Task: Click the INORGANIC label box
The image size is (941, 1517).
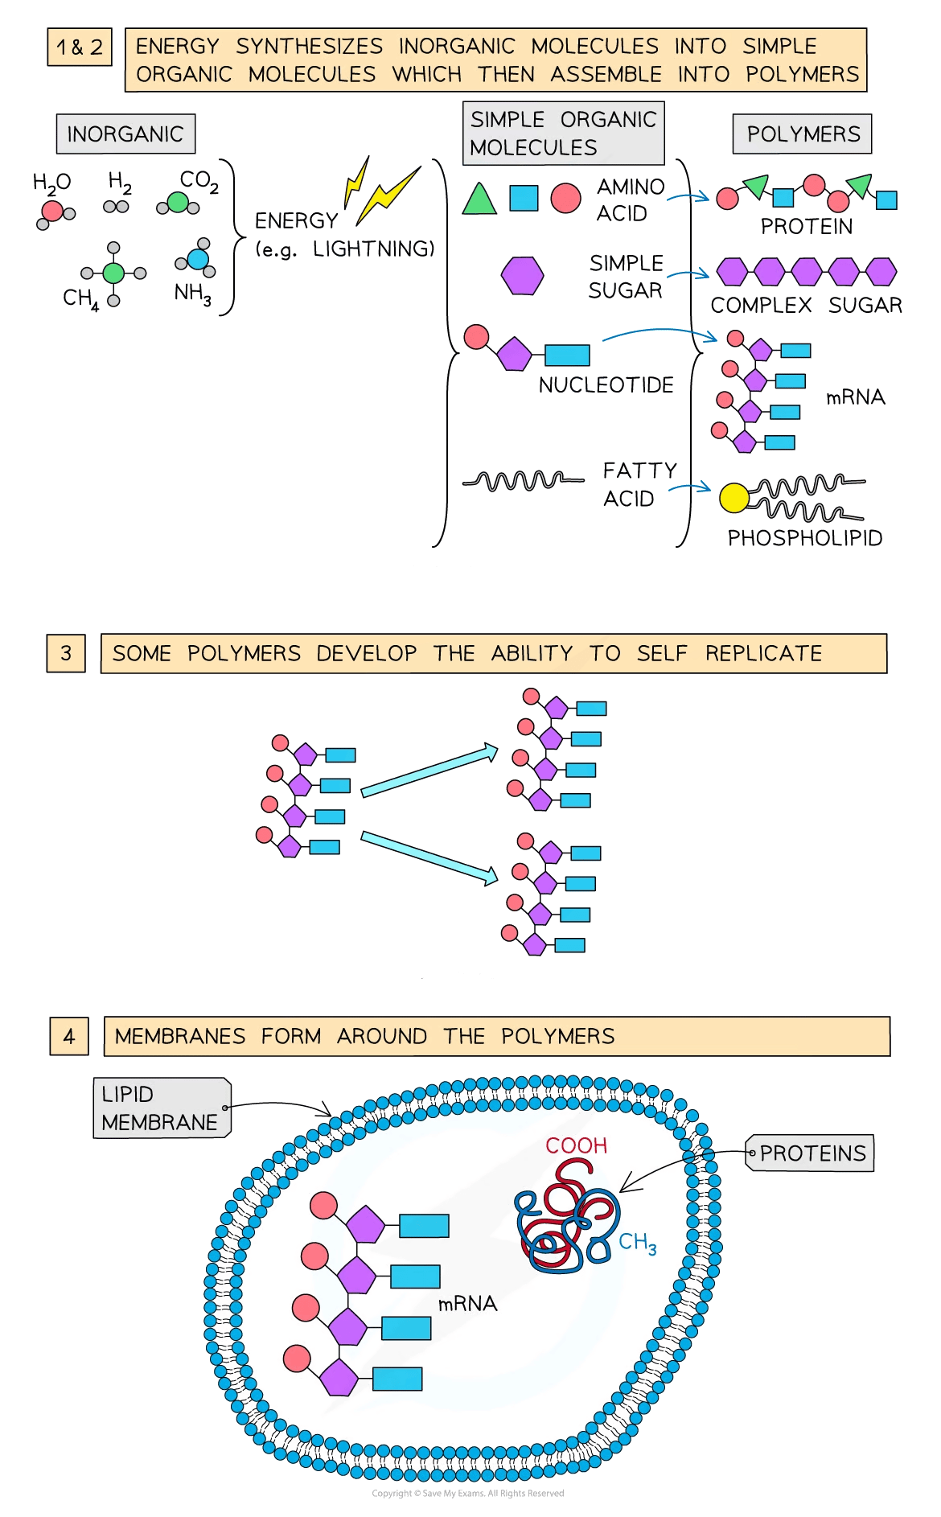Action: point(125,134)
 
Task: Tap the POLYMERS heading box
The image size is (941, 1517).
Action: point(802,134)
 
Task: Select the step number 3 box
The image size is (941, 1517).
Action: point(66,653)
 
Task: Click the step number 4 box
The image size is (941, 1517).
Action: point(69,1036)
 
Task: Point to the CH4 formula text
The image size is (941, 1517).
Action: point(80,298)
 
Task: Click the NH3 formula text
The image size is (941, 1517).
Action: point(193,294)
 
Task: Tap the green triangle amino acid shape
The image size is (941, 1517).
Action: point(479,199)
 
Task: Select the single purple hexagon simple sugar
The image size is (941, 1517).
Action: point(522,275)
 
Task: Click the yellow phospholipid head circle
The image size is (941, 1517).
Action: point(733,498)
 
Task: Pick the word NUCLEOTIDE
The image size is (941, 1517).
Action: point(606,385)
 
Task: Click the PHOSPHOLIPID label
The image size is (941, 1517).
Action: point(804,537)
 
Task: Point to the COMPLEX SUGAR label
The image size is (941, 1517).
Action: point(806,306)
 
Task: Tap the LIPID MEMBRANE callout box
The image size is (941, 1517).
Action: point(161,1108)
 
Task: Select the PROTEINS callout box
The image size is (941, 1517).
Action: point(811,1153)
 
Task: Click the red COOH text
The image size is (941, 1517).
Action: point(576,1145)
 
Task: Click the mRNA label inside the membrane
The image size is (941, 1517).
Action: point(467,1304)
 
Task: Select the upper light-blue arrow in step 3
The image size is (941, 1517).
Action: point(429,772)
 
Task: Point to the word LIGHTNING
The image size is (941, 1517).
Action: point(373,249)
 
